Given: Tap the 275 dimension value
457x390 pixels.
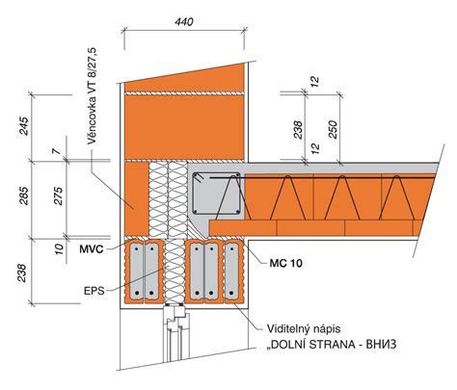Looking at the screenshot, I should coord(61,197).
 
